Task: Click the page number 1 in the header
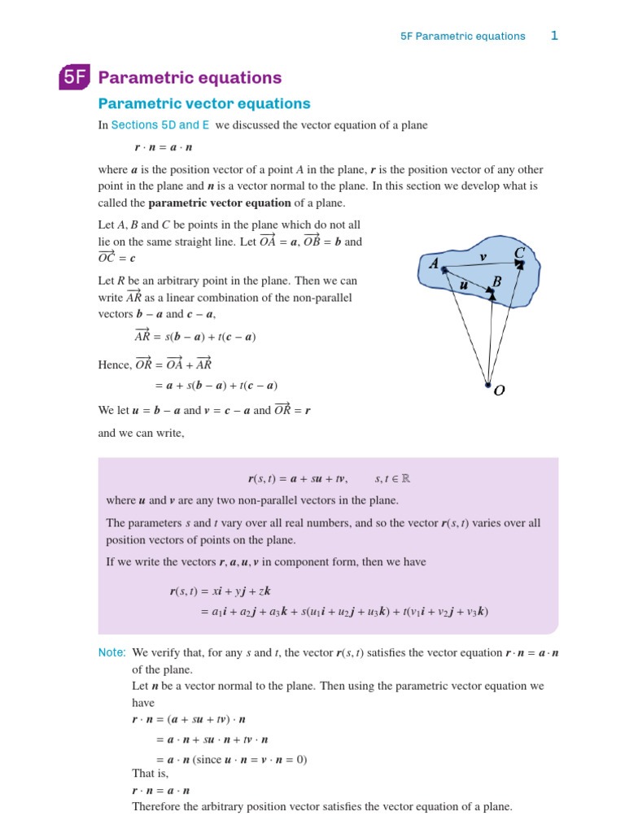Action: click(x=554, y=36)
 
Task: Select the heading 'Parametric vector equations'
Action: click(x=204, y=104)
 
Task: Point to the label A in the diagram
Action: click(x=434, y=264)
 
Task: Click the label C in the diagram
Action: click(x=519, y=254)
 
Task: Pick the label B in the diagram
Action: click(x=497, y=281)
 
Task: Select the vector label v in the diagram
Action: click(x=483, y=257)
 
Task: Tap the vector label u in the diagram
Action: click(x=464, y=285)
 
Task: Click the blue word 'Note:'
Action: click(x=112, y=652)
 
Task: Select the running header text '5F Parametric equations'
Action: click(x=463, y=37)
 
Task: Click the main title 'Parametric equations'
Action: click(x=190, y=78)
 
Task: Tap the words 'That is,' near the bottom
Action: click(x=151, y=773)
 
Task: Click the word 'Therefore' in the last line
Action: click(x=156, y=807)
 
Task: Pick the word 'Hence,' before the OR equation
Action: click(x=115, y=365)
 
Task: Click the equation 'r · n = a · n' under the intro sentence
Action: click(x=163, y=148)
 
